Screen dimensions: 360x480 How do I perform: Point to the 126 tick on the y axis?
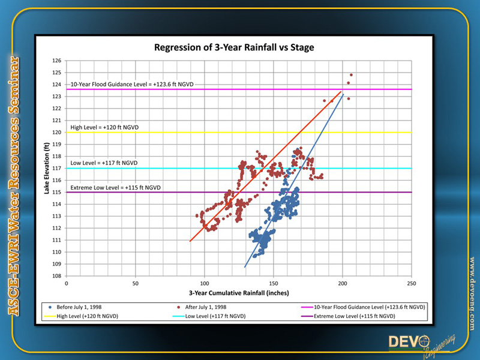(58, 61)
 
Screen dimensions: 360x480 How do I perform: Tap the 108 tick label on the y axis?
(58, 276)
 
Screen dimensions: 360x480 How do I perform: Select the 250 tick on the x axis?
(411, 283)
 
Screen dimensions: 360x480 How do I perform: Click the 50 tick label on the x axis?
(135, 283)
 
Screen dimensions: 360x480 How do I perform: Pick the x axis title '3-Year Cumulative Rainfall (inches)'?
(239, 293)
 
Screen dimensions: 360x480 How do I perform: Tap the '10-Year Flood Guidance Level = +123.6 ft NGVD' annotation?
(133, 85)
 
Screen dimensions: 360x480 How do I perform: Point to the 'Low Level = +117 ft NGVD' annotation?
(104, 163)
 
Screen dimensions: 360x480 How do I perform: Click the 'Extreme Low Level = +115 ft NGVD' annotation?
(116, 188)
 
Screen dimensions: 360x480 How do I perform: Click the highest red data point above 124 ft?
(351, 75)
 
